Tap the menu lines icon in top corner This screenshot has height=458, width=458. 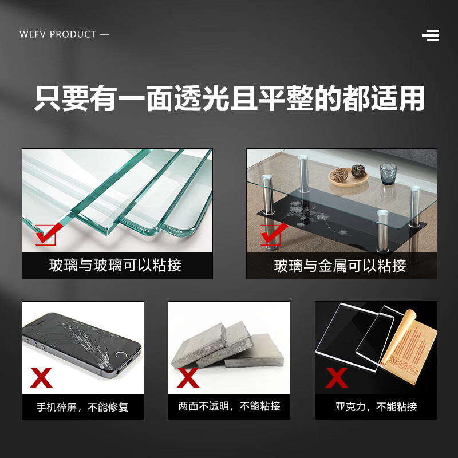pyautogui.click(x=431, y=35)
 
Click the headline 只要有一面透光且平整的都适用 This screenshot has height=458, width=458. pyautogui.click(x=229, y=98)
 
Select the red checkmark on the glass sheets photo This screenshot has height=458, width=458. pyautogui.click(x=46, y=234)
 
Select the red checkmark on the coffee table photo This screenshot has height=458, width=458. pyautogui.click(x=271, y=234)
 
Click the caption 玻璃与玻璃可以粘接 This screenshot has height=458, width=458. pyautogui.click(x=115, y=266)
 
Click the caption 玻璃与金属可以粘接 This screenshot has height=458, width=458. pyautogui.click(x=340, y=266)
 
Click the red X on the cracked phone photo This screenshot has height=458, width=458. pyautogui.click(x=41, y=378)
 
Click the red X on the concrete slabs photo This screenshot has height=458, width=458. pyautogui.click(x=188, y=378)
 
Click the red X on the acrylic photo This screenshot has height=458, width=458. pyautogui.click(x=337, y=378)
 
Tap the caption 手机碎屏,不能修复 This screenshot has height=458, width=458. pyautogui.click(x=82, y=407)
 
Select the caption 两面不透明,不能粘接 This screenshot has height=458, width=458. pyautogui.click(x=229, y=406)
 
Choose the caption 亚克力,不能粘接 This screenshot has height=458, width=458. pyautogui.click(x=376, y=407)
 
